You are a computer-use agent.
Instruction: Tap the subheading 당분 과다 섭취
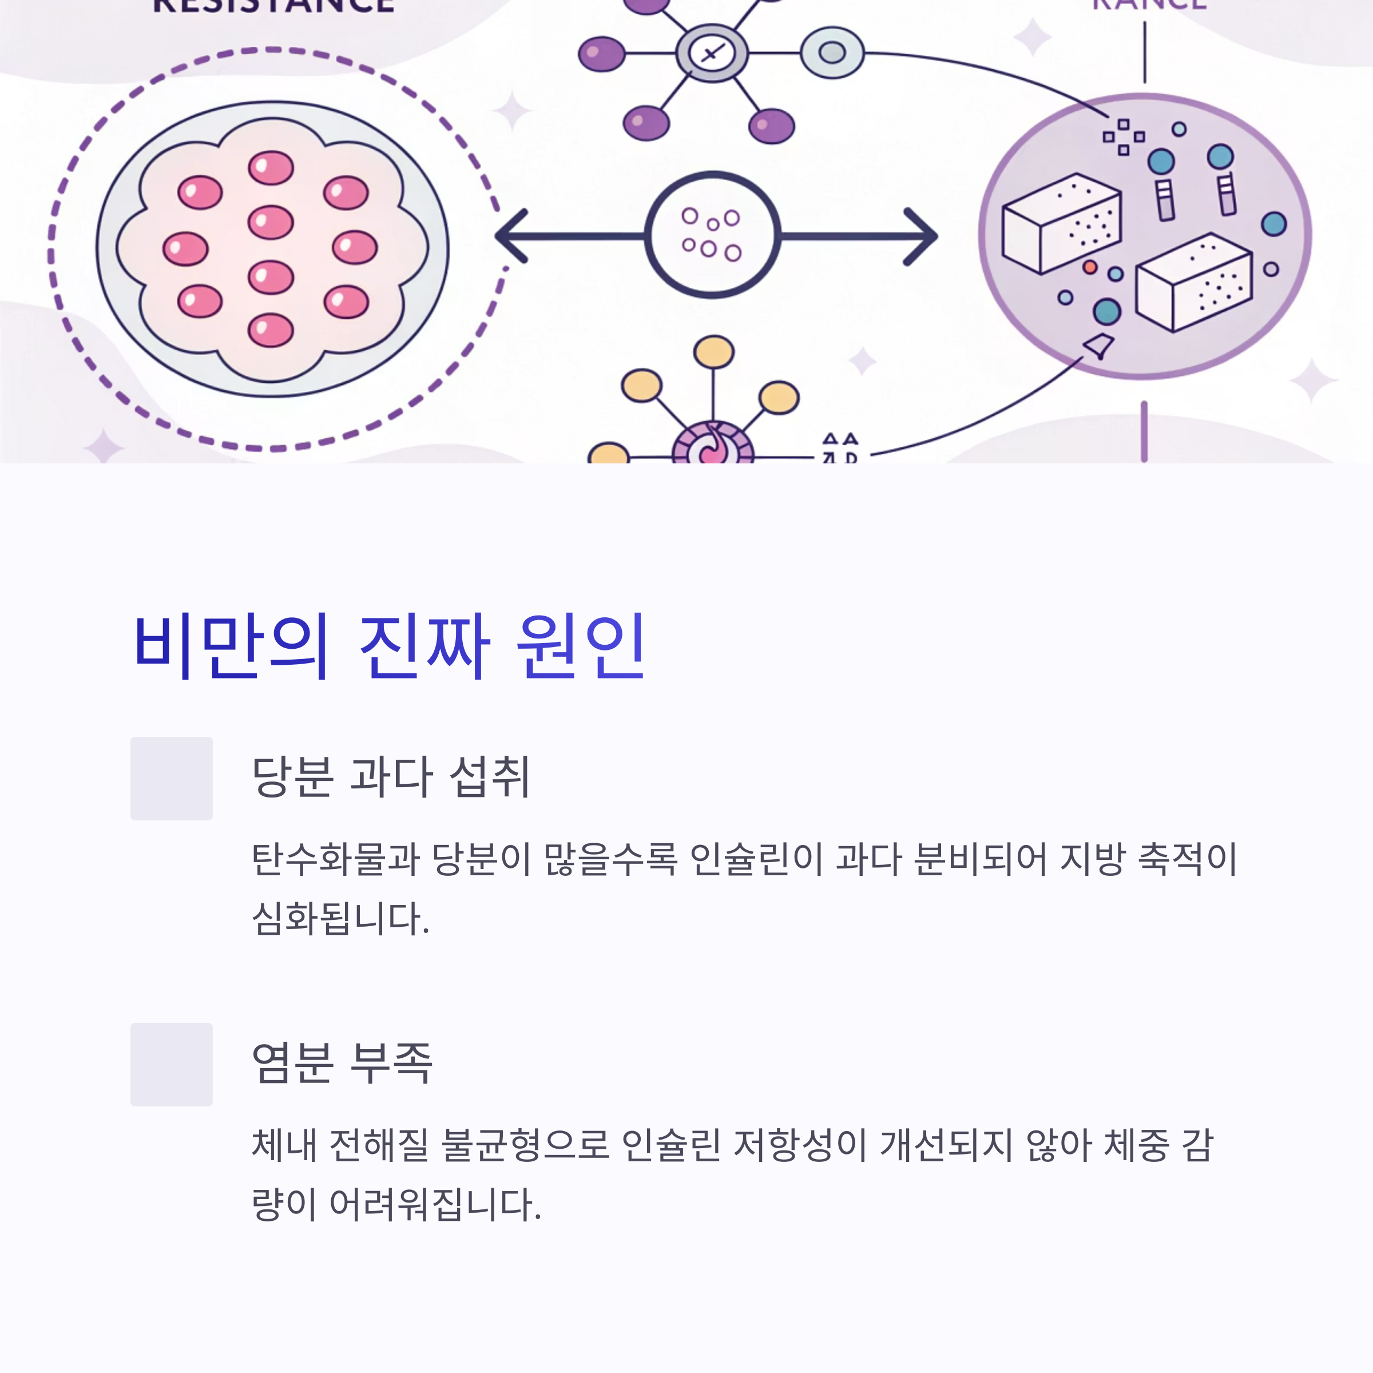click(x=391, y=776)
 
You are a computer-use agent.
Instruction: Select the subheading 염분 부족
click(x=342, y=1062)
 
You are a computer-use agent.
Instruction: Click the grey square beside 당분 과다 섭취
click(x=171, y=778)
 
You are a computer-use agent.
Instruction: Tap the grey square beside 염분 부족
click(x=171, y=1064)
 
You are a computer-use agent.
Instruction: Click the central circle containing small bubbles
click(x=712, y=235)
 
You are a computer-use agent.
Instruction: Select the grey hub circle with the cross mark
click(x=711, y=53)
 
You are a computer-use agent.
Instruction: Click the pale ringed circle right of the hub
click(x=832, y=53)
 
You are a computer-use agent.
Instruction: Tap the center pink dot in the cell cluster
click(x=271, y=223)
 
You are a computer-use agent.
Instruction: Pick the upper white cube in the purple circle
click(x=1062, y=223)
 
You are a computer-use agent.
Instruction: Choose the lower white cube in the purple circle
click(x=1194, y=281)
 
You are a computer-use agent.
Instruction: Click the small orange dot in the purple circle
click(x=1089, y=267)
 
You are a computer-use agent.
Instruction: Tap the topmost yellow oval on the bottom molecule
click(x=713, y=351)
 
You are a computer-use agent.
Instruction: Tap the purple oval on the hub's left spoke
click(x=601, y=54)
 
